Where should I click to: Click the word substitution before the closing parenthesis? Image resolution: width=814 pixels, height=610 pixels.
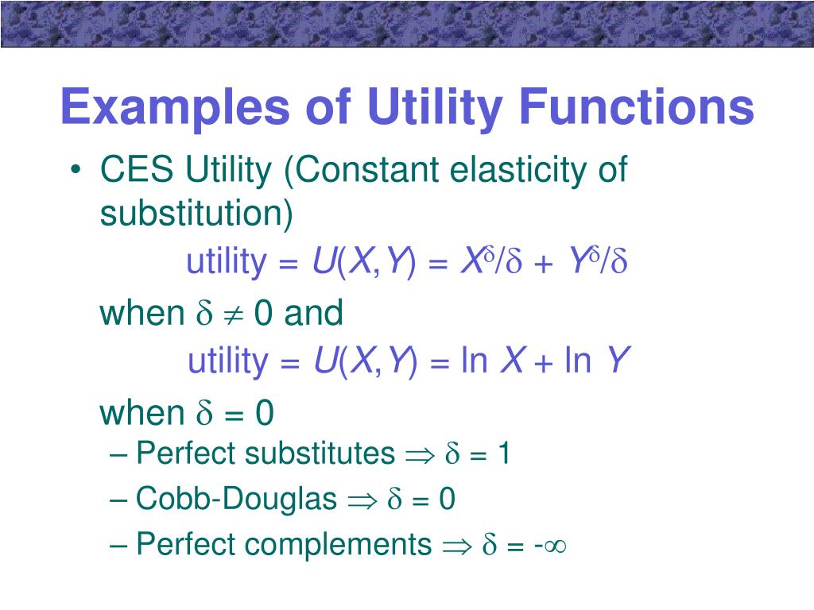click(x=191, y=214)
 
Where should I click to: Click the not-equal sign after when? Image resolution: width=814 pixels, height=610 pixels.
click(x=230, y=315)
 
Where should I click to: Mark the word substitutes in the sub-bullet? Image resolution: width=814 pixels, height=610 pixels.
click(x=320, y=454)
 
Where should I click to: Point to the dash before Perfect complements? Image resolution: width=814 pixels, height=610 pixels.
click(x=120, y=545)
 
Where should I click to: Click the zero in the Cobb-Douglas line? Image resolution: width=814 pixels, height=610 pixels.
click(x=447, y=500)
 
